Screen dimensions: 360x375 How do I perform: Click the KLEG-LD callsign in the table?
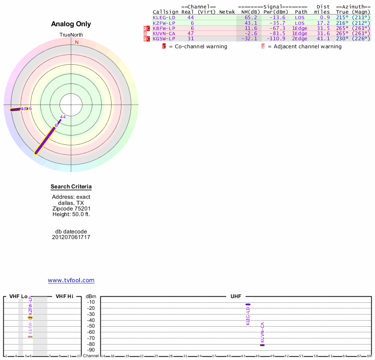coord(164,17)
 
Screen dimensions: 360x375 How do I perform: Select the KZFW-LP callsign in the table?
coord(164,23)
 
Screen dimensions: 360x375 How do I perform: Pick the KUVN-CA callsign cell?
coord(164,33)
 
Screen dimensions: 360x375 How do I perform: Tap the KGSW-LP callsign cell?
coord(164,38)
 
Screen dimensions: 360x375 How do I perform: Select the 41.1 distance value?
coord(323,38)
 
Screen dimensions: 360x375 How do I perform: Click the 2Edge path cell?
coord(300,38)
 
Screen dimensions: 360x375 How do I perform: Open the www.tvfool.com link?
coord(71,280)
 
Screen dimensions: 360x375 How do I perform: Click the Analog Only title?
coord(71,24)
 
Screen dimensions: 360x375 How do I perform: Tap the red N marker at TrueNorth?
coord(77,42)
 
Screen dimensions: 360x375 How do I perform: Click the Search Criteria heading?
coord(71,187)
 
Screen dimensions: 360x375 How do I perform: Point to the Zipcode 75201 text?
coord(71,209)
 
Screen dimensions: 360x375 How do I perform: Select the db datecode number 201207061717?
coord(71,237)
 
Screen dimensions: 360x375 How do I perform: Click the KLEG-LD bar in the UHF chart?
coord(248,304)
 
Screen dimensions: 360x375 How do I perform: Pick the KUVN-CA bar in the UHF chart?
coord(262,345)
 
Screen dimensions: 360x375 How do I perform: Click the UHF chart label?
coord(235,297)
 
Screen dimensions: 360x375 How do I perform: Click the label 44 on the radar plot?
coord(63,117)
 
